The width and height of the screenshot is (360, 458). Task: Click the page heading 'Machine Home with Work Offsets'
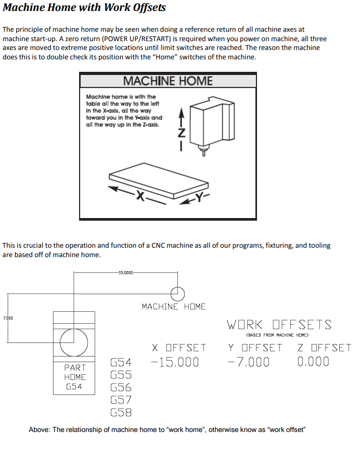tap(84, 8)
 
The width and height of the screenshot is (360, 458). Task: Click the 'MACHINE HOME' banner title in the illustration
tap(168, 81)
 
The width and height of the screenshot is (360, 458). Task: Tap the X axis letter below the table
tap(139, 196)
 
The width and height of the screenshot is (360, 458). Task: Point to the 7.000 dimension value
tap(8, 317)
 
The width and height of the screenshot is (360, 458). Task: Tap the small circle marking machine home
tap(178, 293)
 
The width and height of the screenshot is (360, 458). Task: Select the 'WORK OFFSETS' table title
tap(279, 325)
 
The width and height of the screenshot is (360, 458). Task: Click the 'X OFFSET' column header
tap(179, 348)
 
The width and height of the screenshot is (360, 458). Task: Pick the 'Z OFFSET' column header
tap(324, 348)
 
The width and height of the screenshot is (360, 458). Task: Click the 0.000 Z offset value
tap(313, 362)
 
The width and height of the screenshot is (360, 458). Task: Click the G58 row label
tap(121, 413)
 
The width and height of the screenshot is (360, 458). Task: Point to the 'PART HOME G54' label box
tap(74, 377)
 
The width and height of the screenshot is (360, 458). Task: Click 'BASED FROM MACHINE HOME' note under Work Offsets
tap(277, 335)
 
